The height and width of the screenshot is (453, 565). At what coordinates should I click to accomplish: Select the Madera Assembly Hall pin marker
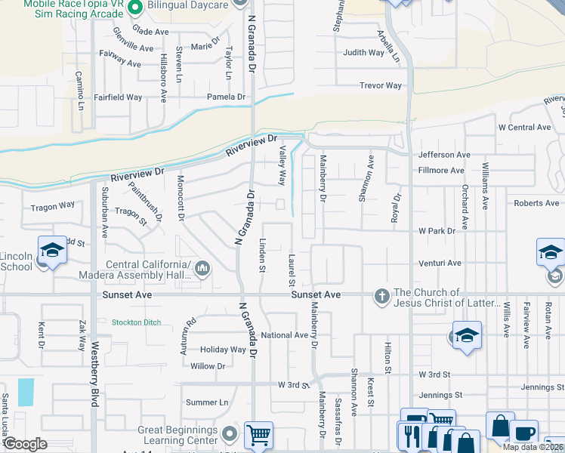202,268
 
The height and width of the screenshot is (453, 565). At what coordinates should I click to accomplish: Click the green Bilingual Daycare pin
136,8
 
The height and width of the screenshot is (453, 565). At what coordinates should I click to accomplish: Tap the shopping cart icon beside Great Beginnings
258,435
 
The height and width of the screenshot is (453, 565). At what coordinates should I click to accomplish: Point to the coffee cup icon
523,433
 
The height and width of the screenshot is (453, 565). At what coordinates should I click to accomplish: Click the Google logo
25,445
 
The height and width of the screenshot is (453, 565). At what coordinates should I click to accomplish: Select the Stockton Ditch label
136,322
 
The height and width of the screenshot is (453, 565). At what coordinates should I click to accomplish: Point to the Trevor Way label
381,85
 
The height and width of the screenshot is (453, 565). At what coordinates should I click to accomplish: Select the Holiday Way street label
223,350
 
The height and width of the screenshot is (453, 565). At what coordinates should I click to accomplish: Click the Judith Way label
363,52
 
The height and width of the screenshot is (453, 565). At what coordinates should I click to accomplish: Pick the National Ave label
284,334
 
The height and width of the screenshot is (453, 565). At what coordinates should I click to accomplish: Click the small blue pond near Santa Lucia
26,392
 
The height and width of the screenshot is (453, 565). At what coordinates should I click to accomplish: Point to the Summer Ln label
206,402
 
